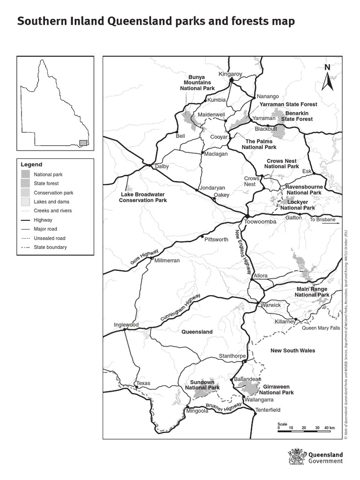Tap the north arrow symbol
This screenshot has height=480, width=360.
pyautogui.click(x=327, y=78)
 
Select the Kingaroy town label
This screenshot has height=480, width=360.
pyautogui.click(x=231, y=74)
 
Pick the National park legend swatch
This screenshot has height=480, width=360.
pyautogui.click(x=26, y=174)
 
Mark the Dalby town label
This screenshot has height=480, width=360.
pyautogui.click(x=161, y=166)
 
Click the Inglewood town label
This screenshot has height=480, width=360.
pyautogui.click(x=127, y=324)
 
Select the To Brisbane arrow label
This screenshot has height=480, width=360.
pyautogui.click(x=323, y=219)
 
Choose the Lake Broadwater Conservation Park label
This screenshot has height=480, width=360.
pyautogui.click(x=144, y=197)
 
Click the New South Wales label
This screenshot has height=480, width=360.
pyautogui.click(x=293, y=351)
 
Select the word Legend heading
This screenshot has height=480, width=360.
pyautogui.click(x=31, y=165)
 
